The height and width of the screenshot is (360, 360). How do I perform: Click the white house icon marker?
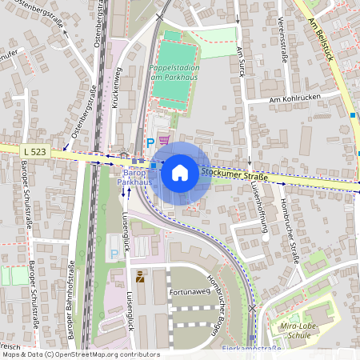pos(180,173)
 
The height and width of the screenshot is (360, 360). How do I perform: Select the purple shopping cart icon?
pos(164,140)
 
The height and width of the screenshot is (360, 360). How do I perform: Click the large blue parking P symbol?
pos(149,142)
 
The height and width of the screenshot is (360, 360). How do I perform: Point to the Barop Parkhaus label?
pos(134,178)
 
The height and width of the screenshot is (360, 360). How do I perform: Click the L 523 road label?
pos(34,150)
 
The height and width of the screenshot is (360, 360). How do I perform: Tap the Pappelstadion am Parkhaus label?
pos(174,73)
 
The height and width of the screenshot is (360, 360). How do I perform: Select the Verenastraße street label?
pos(282,40)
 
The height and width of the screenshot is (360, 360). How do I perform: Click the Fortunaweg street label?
pos(190,292)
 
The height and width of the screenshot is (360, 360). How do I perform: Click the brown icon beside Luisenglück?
pos(140,278)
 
